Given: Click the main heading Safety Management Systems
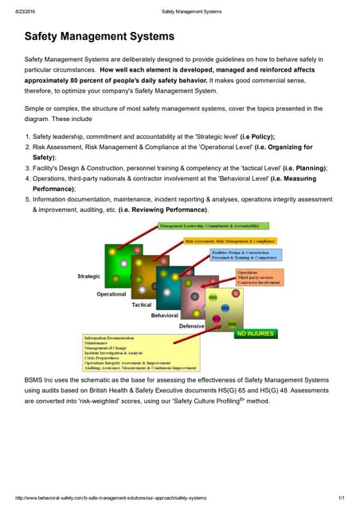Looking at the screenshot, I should [x=100, y=37].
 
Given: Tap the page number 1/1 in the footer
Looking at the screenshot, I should [x=340, y=498].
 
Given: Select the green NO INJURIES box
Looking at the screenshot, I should [x=255, y=334].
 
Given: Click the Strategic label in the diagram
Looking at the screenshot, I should [x=88, y=276].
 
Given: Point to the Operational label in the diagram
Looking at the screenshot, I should [x=112, y=294].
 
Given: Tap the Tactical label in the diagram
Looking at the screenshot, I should [x=141, y=305].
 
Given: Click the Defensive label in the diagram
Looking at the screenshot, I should [x=191, y=327].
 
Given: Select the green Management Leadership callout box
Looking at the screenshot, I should [x=209, y=226].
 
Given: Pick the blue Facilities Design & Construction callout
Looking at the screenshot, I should [x=245, y=255].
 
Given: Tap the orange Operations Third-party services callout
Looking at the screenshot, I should [x=260, y=277].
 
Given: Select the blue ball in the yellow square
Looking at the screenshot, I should [x=225, y=307].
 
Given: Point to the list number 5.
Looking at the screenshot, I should [x=26, y=199].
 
